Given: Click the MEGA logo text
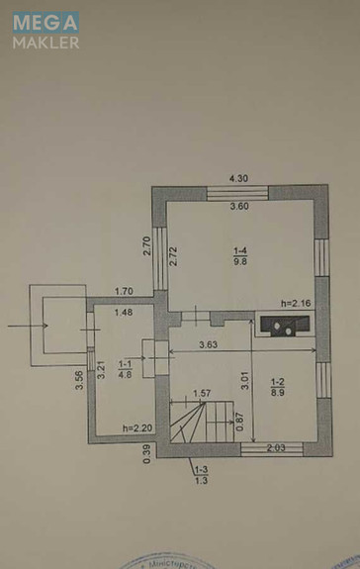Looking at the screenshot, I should click(45, 21).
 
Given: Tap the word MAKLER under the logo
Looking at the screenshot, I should click(45, 43).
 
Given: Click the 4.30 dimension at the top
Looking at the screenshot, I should click(237, 177).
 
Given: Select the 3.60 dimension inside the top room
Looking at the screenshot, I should click(237, 207).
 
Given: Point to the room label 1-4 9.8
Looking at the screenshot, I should click(240, 256).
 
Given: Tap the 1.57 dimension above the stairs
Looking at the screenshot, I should click(202, 393).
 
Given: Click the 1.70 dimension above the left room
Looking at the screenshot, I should click(124, 291).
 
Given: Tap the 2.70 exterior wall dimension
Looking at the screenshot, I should click(146, 245).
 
